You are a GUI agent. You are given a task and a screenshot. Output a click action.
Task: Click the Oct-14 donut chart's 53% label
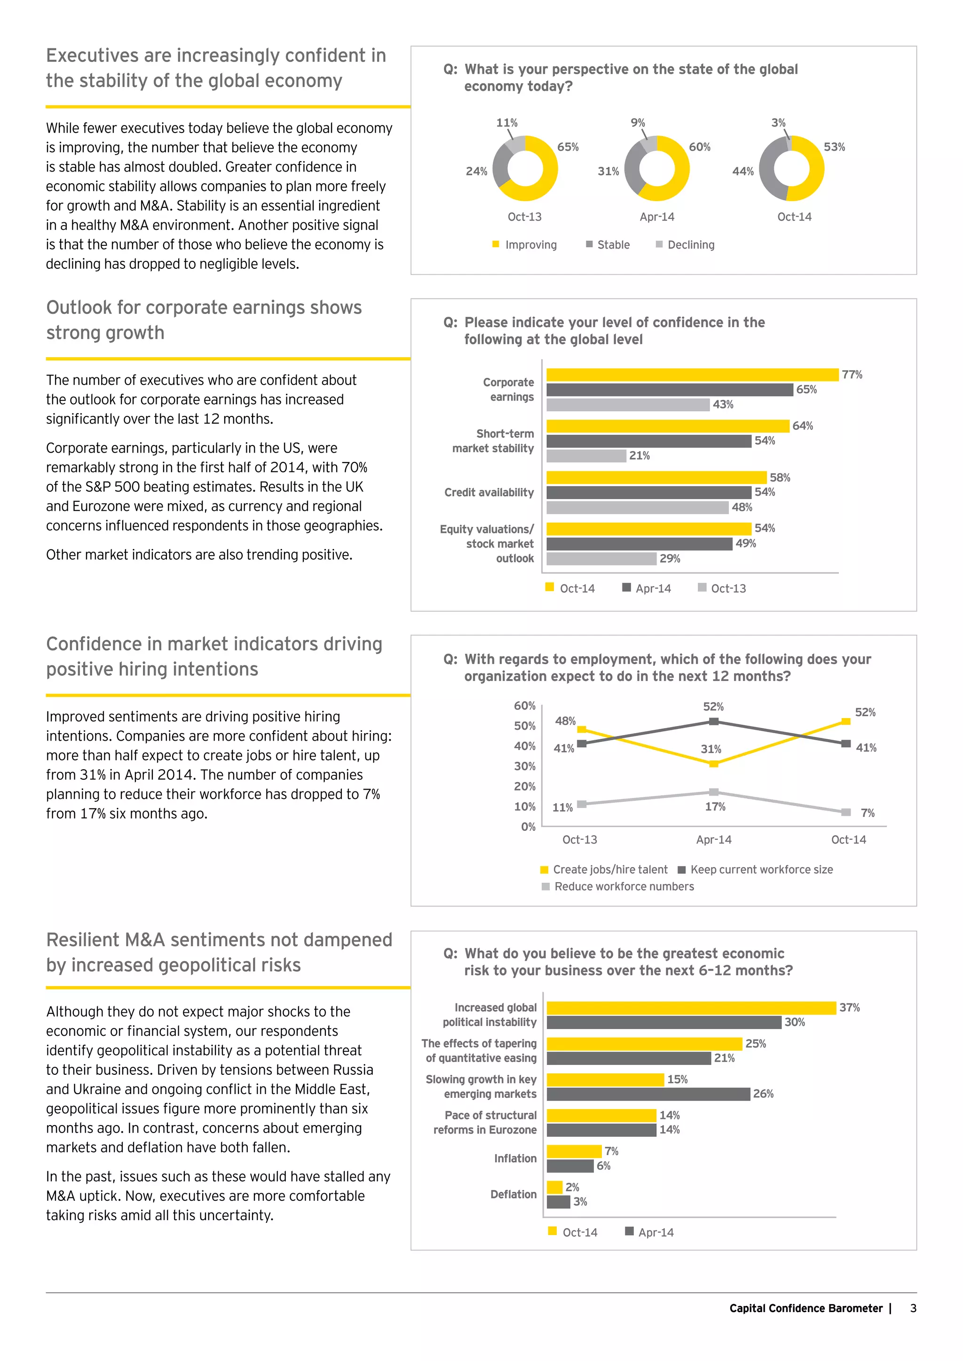pos(834,147)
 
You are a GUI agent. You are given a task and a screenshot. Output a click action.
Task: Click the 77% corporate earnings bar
pos(692,375)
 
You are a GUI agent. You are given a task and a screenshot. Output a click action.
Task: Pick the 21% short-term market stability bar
pos(586,456)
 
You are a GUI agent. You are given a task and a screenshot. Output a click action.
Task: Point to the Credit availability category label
pos(489,493)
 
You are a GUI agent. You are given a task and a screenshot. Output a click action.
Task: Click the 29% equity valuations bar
pos(601,559)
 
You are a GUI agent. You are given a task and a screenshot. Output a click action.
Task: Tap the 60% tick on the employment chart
pos(524,705)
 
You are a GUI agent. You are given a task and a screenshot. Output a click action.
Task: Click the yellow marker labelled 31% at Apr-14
pos(714,764)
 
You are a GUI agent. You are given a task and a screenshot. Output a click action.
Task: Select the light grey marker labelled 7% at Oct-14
pos(846,812)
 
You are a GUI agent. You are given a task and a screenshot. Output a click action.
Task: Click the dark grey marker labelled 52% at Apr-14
pos(714,721)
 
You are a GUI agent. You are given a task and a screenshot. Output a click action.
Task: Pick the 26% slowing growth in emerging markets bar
pos(648,1094)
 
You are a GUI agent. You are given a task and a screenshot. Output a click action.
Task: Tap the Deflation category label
pos(513,1195)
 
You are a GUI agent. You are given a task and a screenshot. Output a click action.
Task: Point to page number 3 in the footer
pos(913,1308)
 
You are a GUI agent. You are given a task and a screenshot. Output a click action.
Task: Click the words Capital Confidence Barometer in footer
pos(805,1308)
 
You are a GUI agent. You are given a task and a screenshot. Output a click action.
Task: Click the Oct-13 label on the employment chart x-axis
pos(579,840)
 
